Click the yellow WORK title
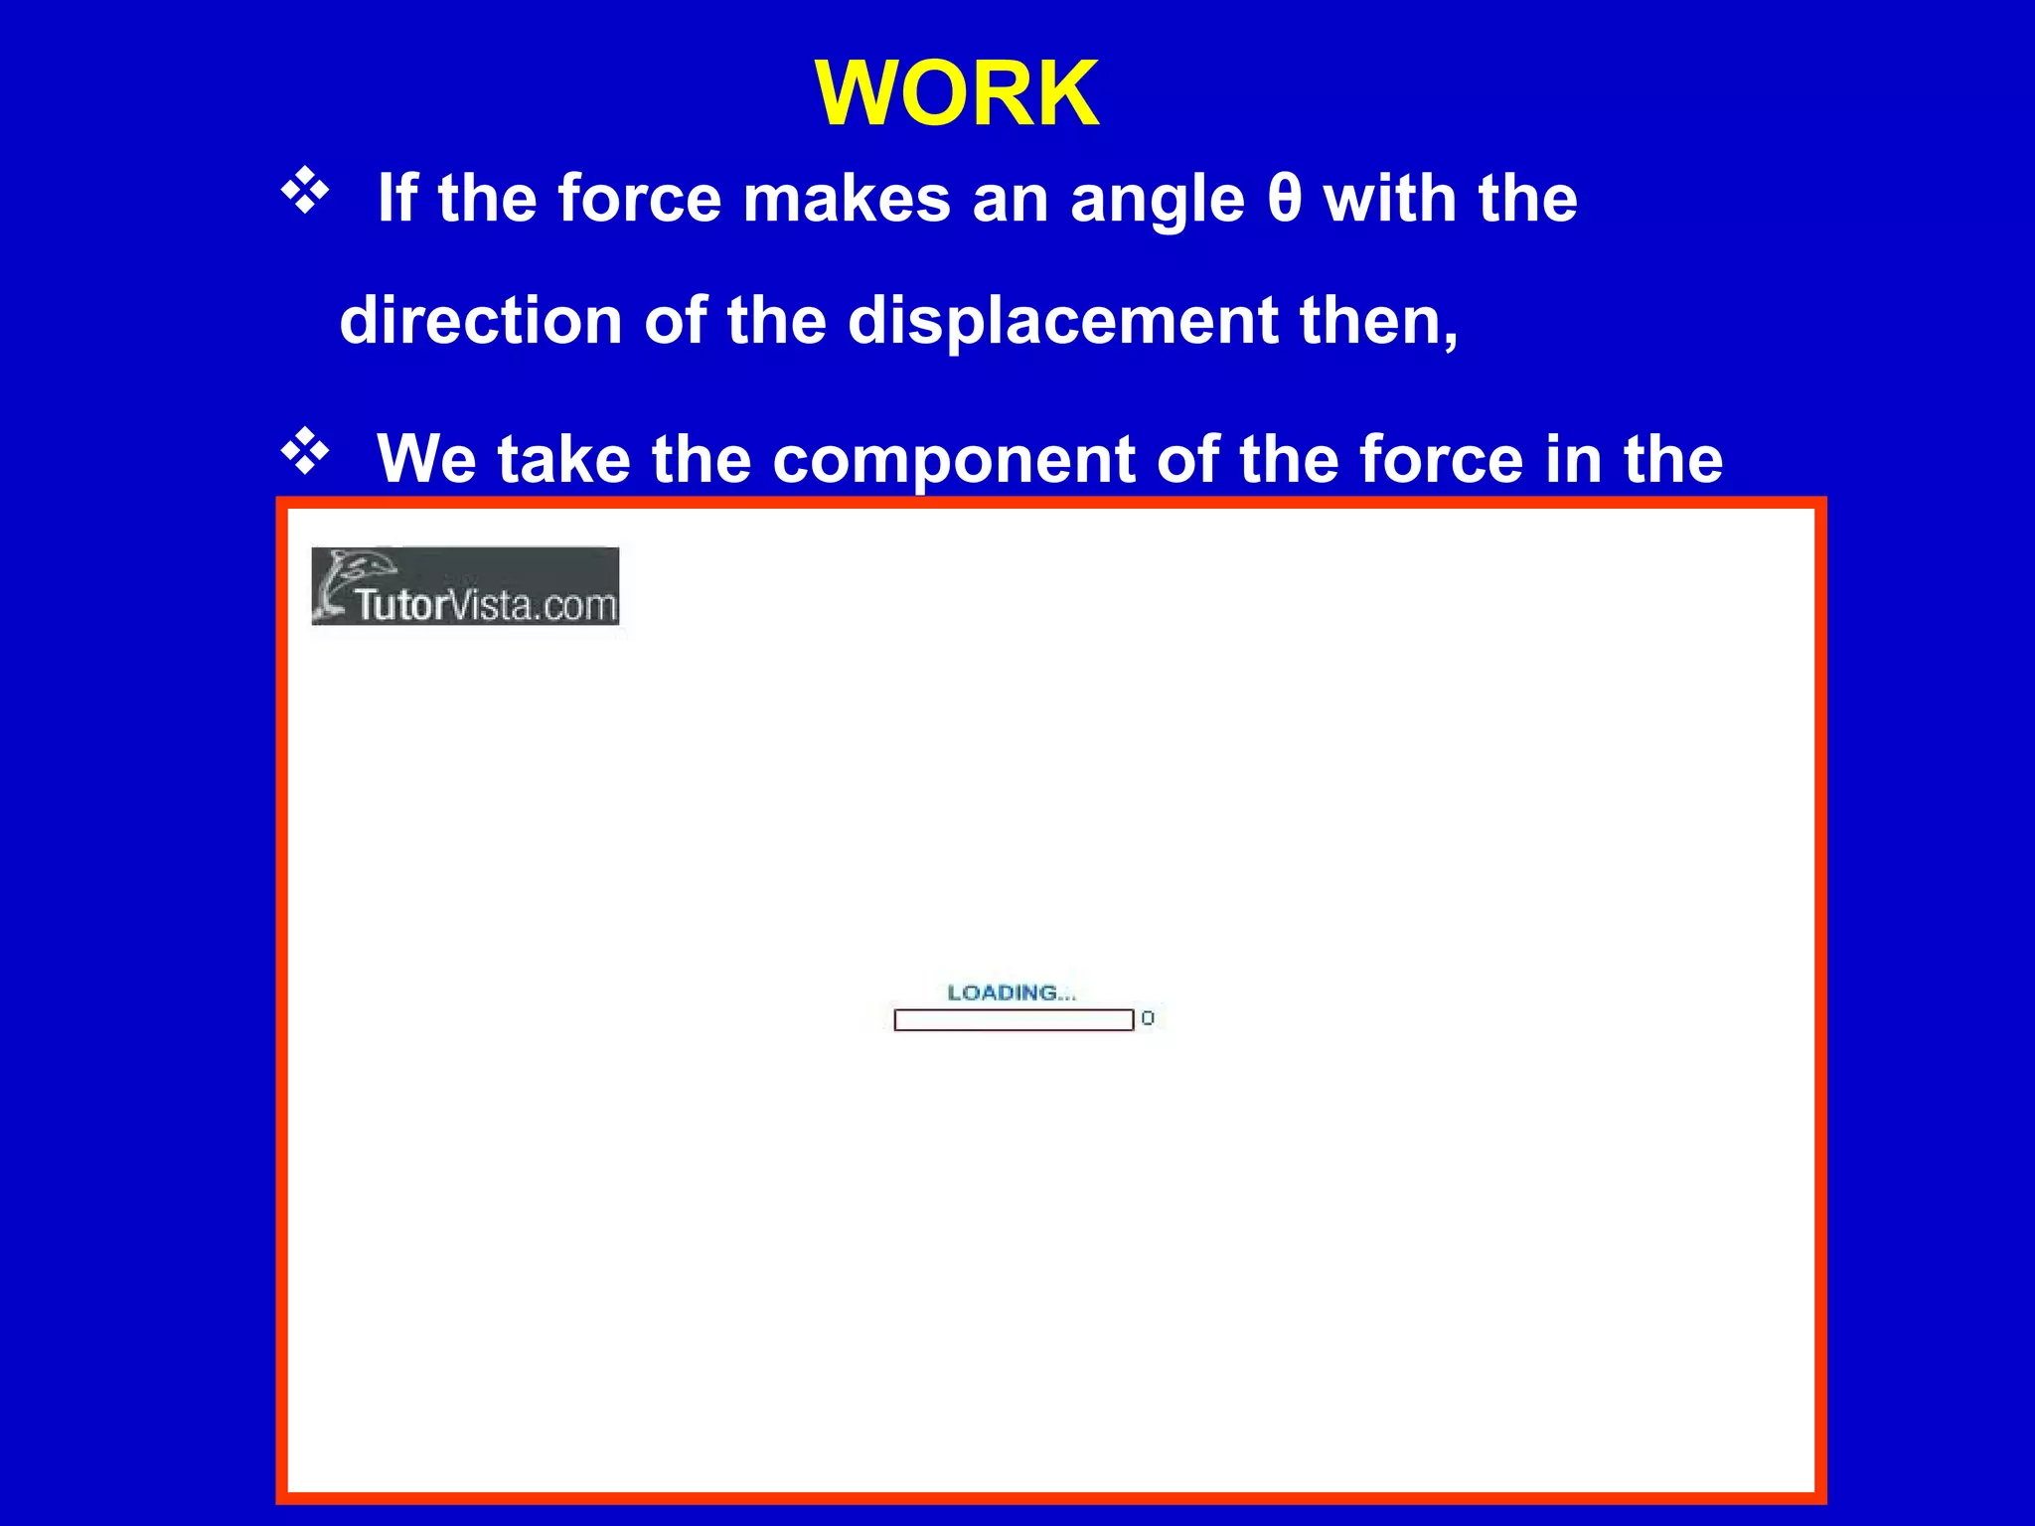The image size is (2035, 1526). point(957,93)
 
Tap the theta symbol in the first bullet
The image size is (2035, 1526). point(1284,199)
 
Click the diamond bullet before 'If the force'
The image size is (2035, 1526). point(305,191)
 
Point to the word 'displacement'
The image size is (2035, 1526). point(1062,321)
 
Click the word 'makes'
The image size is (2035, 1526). point(847,199)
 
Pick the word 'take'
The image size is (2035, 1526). point(563,459)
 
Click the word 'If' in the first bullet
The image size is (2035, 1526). point(396,199)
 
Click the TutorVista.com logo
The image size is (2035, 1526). point(465,586)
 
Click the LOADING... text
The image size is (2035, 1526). point(1012,992)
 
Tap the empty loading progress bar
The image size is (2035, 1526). point(1014,1019)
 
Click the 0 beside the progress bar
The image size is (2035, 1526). point(1148,1018)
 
